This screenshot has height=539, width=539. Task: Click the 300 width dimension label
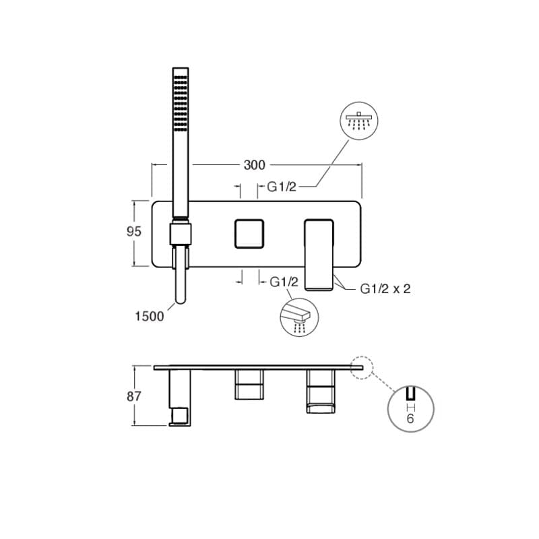(255, 165)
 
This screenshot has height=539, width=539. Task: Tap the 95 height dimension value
(133, 232)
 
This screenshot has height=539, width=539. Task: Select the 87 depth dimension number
(133, 396)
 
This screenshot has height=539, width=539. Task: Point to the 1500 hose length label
(149, 316)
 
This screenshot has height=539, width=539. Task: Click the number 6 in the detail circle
(410, 418)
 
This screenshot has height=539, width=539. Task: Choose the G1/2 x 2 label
(385, 289)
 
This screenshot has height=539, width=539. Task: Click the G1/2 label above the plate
(282, 187)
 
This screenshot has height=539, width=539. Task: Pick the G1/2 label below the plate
(284, 282)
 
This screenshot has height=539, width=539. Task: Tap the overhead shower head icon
(359, 121)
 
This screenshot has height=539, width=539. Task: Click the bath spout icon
(299, 317)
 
